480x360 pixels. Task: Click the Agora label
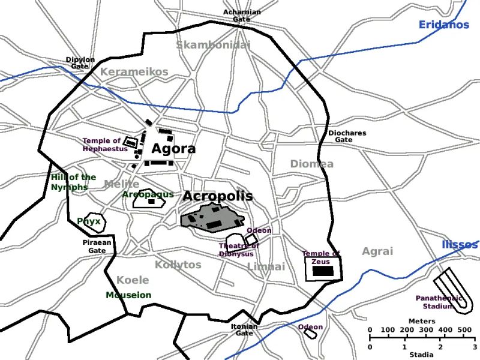coord(173,149)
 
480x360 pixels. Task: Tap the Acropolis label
coord(218,196)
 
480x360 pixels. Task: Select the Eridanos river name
coord(444,25)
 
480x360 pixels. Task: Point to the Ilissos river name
coord(460,245)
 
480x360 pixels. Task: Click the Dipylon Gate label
coord(81,63)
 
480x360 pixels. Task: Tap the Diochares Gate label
coord(347,136)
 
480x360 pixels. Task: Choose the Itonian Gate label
coord(244,329)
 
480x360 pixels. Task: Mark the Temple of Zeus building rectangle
coord(324,271)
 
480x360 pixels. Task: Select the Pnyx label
coord(89,221)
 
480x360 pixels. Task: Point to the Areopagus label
coord(148,194)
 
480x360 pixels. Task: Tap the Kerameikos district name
coord(134,72)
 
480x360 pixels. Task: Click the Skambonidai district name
coord(213,44)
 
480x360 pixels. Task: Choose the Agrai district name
coord(377,251)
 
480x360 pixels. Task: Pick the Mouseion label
coord(128,295)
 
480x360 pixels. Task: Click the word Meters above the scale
coord(421,321)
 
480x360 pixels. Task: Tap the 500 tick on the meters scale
coord(464,330)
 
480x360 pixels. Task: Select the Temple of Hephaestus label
coord(102,145)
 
